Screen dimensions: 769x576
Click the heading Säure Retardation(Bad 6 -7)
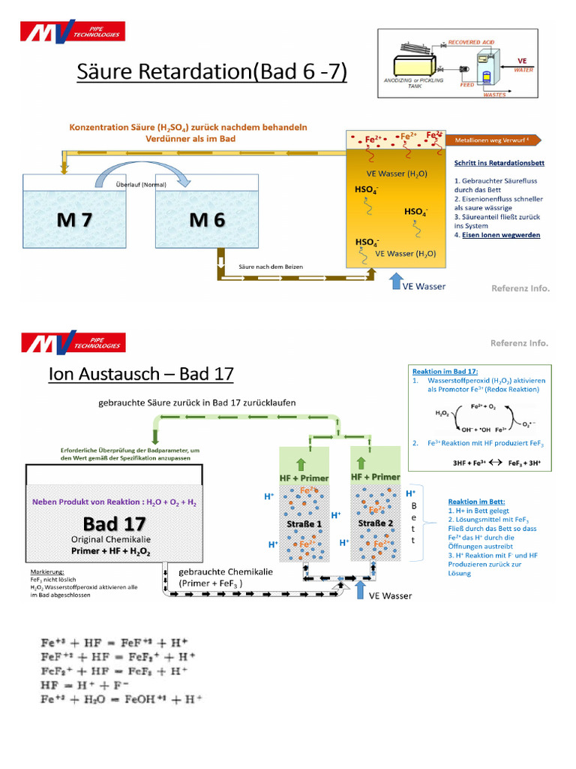(212, 74)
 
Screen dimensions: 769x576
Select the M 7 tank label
(76, 220)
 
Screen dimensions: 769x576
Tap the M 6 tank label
(206, 220)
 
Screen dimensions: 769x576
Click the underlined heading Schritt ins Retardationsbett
(499, 162)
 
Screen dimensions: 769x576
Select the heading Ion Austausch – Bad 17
(141, 373)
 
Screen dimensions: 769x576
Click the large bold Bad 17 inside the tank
(114, 523)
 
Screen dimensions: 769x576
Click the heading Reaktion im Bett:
(476, 501)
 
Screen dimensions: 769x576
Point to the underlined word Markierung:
(45, 571)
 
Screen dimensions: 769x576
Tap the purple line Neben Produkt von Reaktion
(115, 501)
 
